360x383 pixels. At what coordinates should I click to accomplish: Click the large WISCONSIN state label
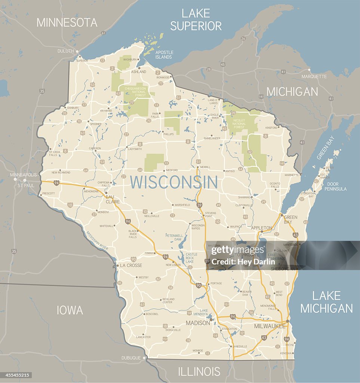tap(174, 182)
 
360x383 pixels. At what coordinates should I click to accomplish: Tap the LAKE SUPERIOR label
tap(196, 19)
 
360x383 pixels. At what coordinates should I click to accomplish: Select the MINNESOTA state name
tap(67, 22)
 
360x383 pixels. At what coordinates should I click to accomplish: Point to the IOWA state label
tap(70, 310)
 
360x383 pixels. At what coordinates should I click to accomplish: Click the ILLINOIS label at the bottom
tap(199, 371)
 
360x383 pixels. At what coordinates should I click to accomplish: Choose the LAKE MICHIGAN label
tap(326, 302)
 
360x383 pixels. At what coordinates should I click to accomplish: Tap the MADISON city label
tap(198, 323)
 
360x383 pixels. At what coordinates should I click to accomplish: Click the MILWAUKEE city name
tap(270, 326)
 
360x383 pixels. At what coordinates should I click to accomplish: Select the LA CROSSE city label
tap(131, 265)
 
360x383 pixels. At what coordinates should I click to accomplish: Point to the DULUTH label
tap(66, 51)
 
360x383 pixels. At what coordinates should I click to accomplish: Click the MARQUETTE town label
tap(314, 76)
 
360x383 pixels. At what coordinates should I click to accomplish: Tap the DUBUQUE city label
tap(131, 358)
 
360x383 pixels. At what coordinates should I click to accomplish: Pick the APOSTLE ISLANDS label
tap(164, 55)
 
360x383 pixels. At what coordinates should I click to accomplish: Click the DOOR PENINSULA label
tap(336, 186)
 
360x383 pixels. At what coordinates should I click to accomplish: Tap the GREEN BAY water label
tap(325, 148)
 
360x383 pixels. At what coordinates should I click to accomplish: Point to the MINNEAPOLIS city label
tap(24, 175)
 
